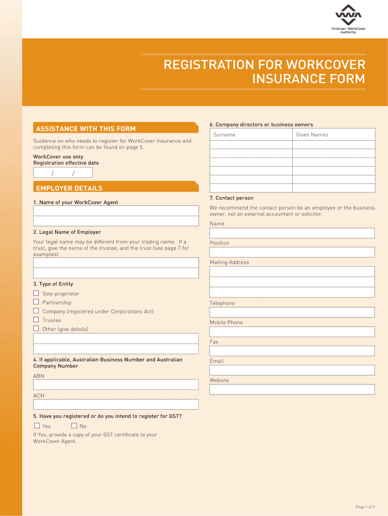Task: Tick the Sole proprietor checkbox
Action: click(36, 293)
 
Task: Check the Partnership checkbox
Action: click(36, 302)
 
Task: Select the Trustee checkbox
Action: click(36, 319)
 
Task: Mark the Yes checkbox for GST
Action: click(36, 426)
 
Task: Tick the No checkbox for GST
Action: click(74, 426)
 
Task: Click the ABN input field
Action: click(116, 384)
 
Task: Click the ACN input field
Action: click(116, 404)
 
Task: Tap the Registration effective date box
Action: click(63, 173)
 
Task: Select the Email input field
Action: click(292, 370)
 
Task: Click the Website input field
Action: click(292, 390)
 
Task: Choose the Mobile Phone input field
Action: click(292, 332)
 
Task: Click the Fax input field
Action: click(292, 351)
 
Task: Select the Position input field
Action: click(292, 252)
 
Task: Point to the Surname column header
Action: click(224, 135)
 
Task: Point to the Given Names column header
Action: click(312, 135)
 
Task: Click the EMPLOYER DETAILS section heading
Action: click(69, 188)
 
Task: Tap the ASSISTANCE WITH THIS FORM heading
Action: click(86, 128)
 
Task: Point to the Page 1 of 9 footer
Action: click(365, 507)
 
